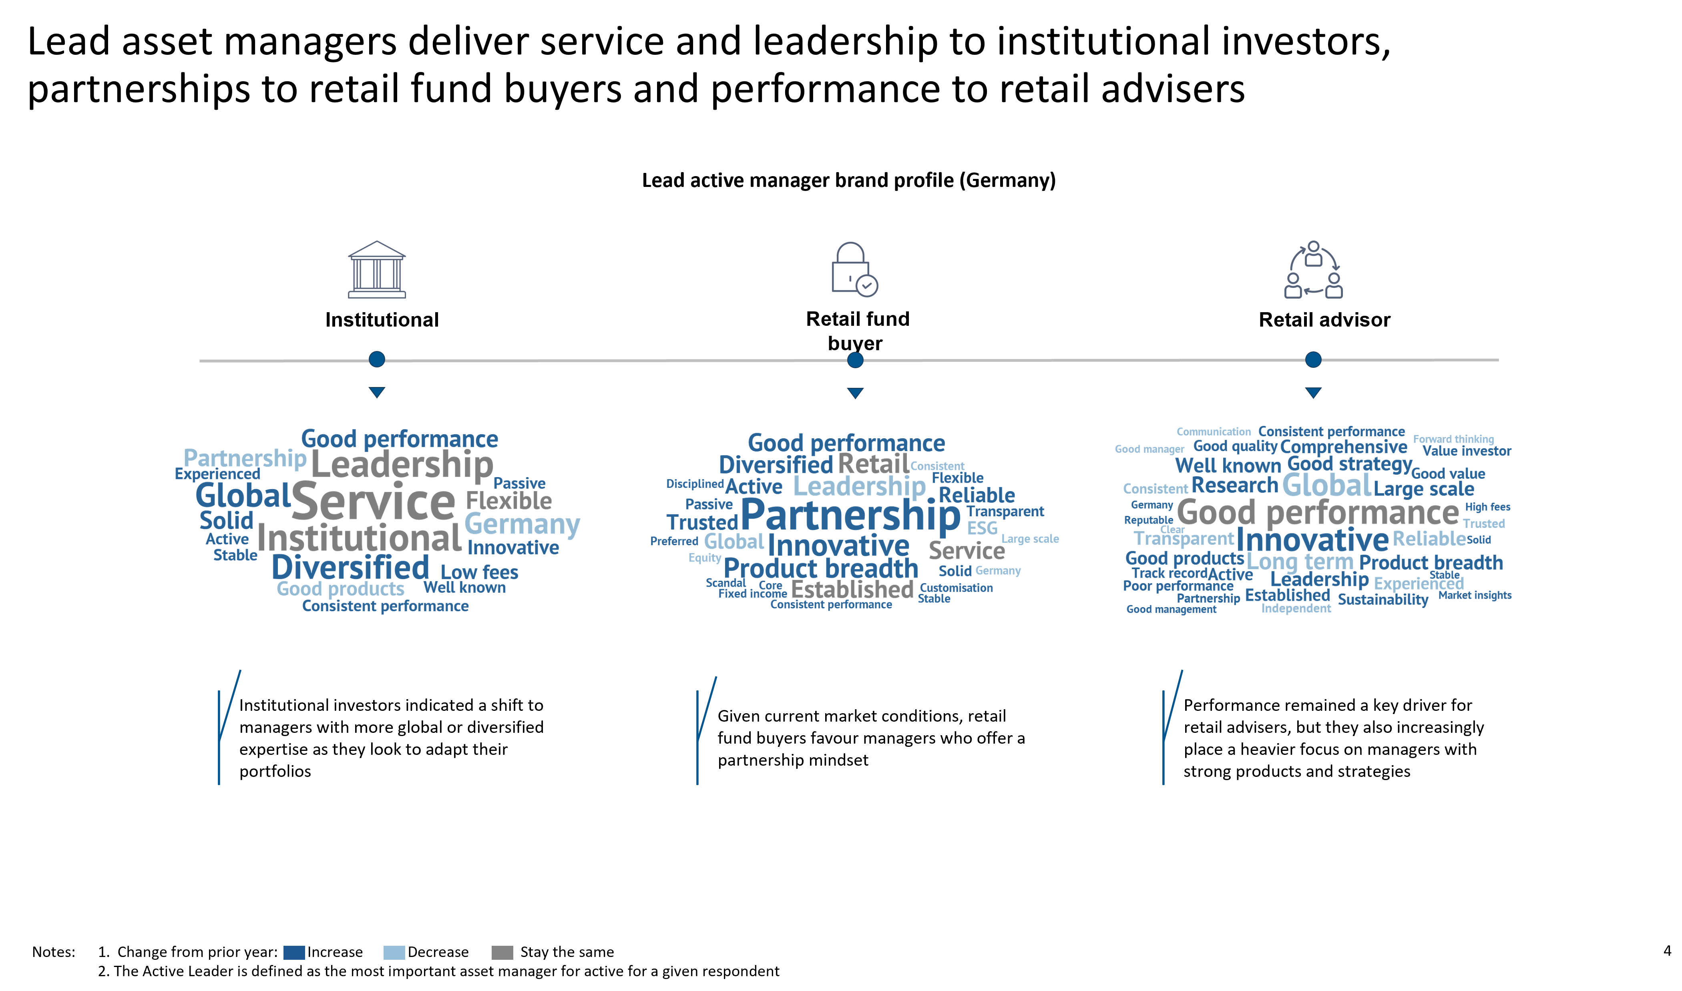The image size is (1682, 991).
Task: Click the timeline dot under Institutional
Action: click(377, 359)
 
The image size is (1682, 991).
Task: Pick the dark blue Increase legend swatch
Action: click(294, 952)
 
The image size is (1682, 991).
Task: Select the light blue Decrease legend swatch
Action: click(394, 952)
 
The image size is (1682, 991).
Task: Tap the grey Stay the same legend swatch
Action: click(502, 952)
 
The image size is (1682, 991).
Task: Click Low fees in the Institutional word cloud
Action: click(479, 572)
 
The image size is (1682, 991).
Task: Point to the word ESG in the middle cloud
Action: click(982, 528)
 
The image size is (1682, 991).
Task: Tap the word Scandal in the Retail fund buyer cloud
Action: click(725, 583)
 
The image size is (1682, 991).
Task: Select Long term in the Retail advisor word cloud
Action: click(1300, 562)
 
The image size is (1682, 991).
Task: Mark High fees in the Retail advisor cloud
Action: click(1487, 507)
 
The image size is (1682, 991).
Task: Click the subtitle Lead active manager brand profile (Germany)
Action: click(848, 180)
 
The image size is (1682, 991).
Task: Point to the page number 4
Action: click(1667, 951)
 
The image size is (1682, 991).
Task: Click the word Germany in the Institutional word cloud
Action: click(522, 525)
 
